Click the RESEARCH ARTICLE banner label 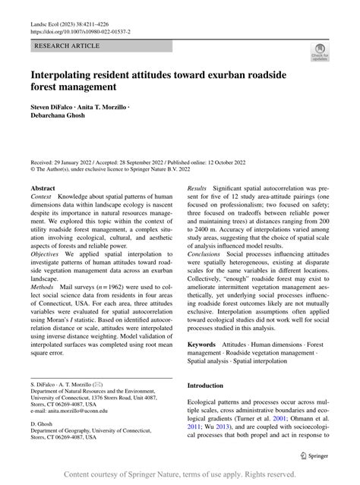(x=66, y=46)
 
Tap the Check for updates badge (x=319, y=52)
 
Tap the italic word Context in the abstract (x=41, y=197)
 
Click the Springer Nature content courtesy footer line (x=180, y=475)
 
